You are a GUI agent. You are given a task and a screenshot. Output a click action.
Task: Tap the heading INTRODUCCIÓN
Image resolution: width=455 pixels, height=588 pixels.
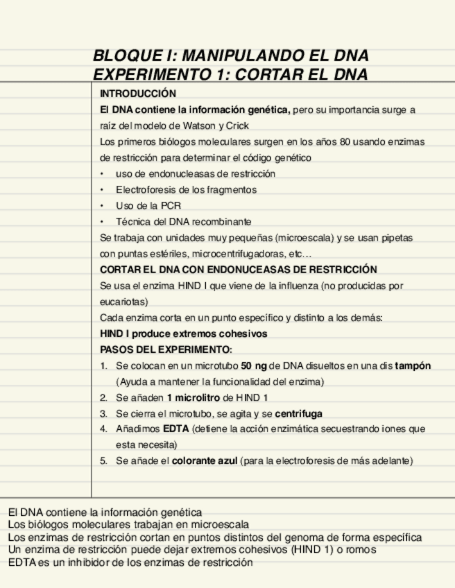[138, 94]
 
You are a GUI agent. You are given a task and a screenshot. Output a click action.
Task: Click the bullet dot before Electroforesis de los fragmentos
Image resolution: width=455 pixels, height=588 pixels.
[103, 189]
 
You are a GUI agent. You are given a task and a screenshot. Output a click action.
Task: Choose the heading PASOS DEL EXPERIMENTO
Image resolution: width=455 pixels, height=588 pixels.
[166, 349]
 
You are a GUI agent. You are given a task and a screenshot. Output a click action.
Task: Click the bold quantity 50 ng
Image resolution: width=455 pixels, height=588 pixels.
[254, 365]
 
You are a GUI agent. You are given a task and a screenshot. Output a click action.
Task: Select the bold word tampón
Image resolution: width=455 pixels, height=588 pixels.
[413, 365]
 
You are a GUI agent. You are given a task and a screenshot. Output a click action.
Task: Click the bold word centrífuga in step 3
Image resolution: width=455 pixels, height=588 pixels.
[299, 413]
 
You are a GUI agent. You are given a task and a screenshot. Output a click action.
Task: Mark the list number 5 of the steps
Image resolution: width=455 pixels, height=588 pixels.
[103, 460]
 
